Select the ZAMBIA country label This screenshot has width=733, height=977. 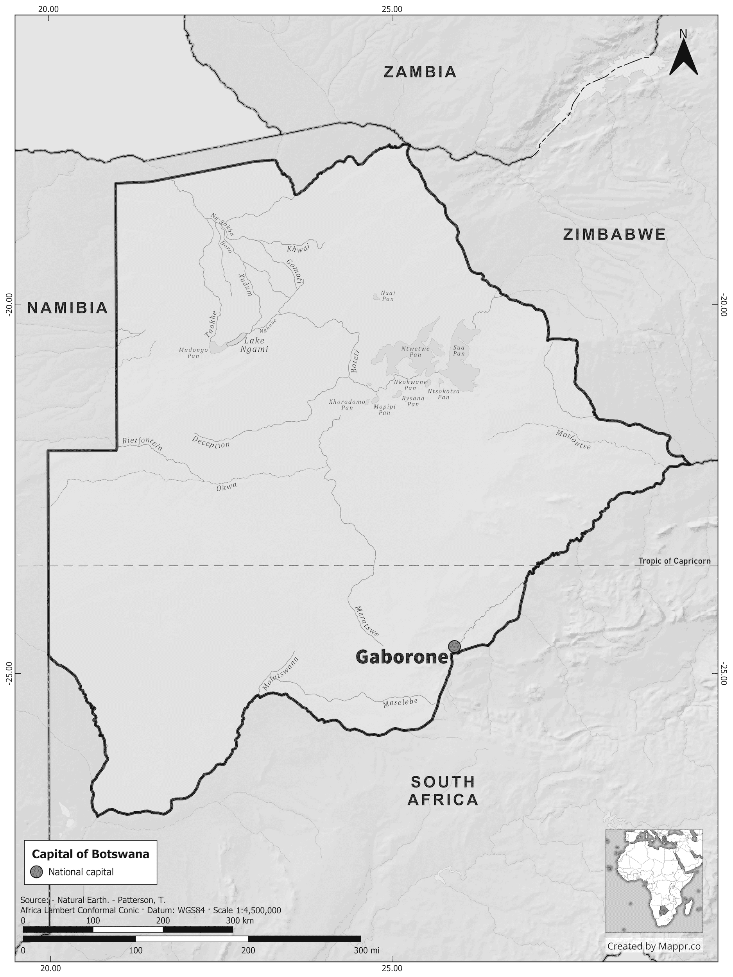(419, 72)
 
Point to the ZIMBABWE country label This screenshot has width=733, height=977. (614, 234)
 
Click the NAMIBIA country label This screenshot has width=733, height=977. (68, 308)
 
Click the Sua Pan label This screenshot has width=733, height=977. (459, 351)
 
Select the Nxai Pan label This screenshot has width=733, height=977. (387, 296)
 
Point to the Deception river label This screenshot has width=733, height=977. (211, 442)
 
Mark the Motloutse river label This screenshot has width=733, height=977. (573, 440)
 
